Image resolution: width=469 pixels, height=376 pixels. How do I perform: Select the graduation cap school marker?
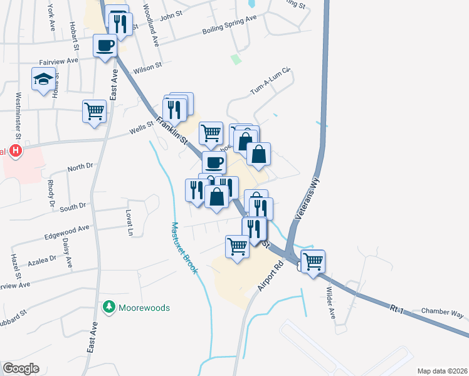click(43, 79)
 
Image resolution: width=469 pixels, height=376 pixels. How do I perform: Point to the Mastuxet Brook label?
click(185, 248)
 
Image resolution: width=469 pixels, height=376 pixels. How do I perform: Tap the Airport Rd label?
click(270, 275)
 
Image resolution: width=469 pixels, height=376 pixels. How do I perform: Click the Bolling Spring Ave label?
click(229, 26)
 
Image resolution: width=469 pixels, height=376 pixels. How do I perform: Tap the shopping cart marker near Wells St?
click(94, 112)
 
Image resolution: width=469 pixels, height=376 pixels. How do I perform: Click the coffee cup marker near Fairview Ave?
click(105, 45)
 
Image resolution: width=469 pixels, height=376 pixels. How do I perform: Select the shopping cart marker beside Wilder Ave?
click(313, 261)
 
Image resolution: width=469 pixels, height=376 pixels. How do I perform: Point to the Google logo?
click(21, 368)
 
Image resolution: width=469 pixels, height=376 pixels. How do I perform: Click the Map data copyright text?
click(442, 370)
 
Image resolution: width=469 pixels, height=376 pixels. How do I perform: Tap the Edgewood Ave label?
click(67, 232)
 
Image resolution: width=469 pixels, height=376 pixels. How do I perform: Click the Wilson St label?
click(147, 65)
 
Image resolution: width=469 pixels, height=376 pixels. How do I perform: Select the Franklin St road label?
click(172, 128)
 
